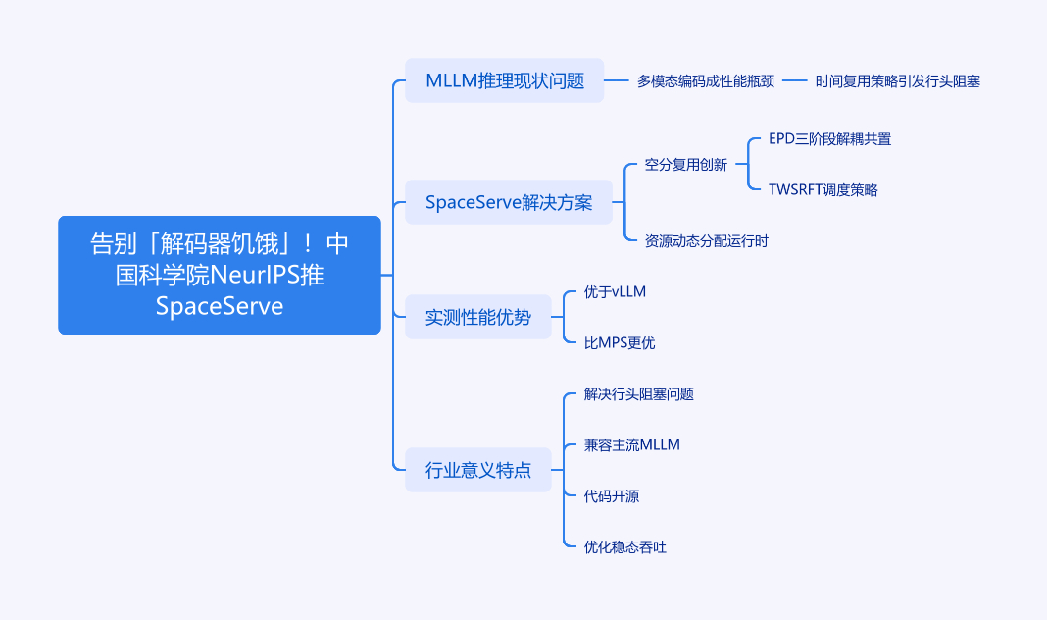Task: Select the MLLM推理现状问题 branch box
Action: pos(505,80)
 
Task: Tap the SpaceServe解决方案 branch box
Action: pos(508,202)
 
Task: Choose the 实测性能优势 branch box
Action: pos(477,317)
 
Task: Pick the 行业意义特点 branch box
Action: pos(477,470)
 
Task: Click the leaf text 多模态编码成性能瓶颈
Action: pos(706,81)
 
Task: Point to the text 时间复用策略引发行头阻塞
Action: pos(897,81)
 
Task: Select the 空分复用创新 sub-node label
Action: pos(686,165)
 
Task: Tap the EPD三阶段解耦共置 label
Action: pos(829,139)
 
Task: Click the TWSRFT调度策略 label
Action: pos(823,190)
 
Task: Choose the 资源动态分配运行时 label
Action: pos(707,240)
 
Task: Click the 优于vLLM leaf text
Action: pos(615,292)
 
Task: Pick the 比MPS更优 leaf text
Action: pos(620,343)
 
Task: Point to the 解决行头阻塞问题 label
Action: pos(639,394)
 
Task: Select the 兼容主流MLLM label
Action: pos(632,445)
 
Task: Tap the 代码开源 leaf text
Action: pos(612,496)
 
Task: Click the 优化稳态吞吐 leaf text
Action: pos(625,547)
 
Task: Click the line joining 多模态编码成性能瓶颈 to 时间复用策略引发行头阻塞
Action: pos(794,81)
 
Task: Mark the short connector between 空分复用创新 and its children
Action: pos(740,165)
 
